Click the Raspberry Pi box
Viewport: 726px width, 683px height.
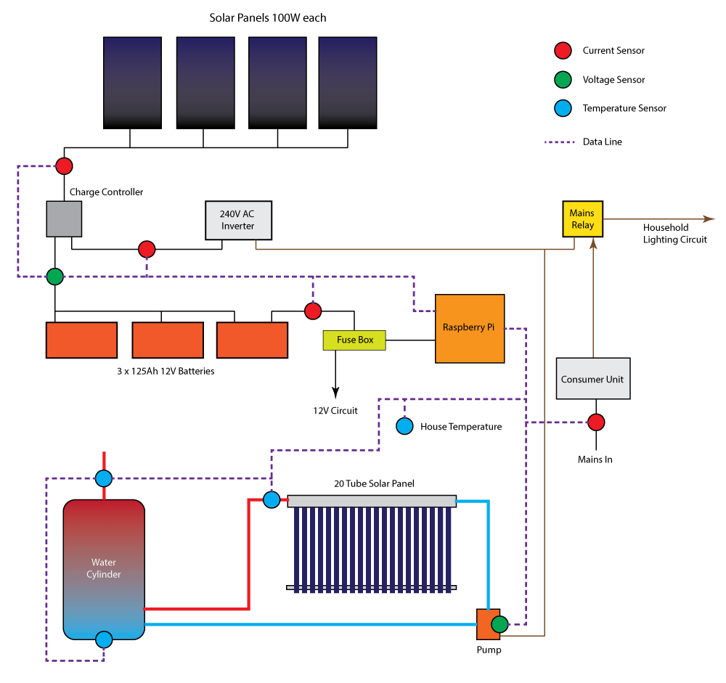[469, 328]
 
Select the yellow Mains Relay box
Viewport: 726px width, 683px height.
[582, 219]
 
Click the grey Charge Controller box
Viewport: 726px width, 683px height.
[64, 218]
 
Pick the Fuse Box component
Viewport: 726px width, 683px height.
[354, 340]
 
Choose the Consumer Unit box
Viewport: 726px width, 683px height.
[592, 378]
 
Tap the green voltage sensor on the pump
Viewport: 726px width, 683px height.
[499, 623]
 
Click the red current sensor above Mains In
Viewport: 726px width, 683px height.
[596, 422]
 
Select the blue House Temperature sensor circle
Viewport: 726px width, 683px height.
[405, 426]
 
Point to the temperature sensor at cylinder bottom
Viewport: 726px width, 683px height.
[104, 639]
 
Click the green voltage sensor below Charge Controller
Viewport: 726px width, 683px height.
[54, 277]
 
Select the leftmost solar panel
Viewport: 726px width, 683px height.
[131, 83]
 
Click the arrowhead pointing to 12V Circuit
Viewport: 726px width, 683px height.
[335, 393]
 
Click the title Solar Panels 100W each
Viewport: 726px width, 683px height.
[267, 17]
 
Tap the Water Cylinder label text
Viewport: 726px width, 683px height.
[103, 568]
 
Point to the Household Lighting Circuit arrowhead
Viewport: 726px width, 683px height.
[710, 218]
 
